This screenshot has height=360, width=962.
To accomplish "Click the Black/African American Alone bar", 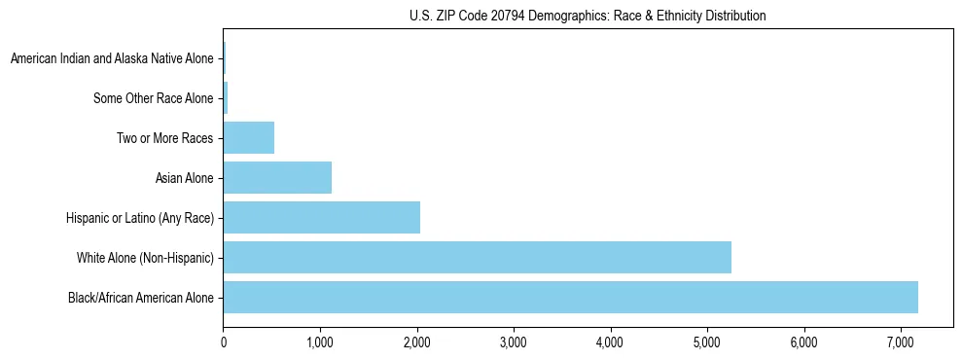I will pyautogui.click(x=570, y=298).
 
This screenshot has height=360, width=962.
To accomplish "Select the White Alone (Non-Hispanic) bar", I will pyautogui.click(x=477, y=258).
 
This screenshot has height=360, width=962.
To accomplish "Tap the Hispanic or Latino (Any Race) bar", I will pyautogui.click(x=321, y=218).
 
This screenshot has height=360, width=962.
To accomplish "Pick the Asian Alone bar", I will pyautogui.click(x=277, y=178).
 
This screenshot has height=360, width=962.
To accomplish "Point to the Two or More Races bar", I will pyautogui.click(x=249, y=138).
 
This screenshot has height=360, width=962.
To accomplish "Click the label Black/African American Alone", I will pyautogui.click(x=141, y=298).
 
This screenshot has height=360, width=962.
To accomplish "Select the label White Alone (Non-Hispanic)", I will pyautogui.click(x=145, y=258).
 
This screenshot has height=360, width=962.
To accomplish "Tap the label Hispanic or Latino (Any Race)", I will pyautogui.click(x=139, y=218).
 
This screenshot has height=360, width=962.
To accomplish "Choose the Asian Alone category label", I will pyautogui.click(x=184, y=178).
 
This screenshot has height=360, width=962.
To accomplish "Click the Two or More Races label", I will pyautogui.click(x=164, y=138).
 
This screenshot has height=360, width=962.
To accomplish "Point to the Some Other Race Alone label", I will pyautogui.click(x=154, y=98).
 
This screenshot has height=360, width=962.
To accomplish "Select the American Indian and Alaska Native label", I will pyautogui.click(x=112, y=59).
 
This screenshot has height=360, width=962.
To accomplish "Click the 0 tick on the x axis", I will pyautogui.click(x=224, y=342).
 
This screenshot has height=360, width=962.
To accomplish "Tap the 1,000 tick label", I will pyautogui.click(x=320, y=342).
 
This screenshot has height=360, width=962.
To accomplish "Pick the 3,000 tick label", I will pyautogui.click(x=514, y=342).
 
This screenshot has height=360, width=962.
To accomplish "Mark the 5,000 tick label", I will pyautogui.click(x=707, y=342).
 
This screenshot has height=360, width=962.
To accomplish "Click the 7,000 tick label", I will pyautogui.click(x=900, y=342).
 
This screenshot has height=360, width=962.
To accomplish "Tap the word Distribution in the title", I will pyautogui.click(x=733, y=16).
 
